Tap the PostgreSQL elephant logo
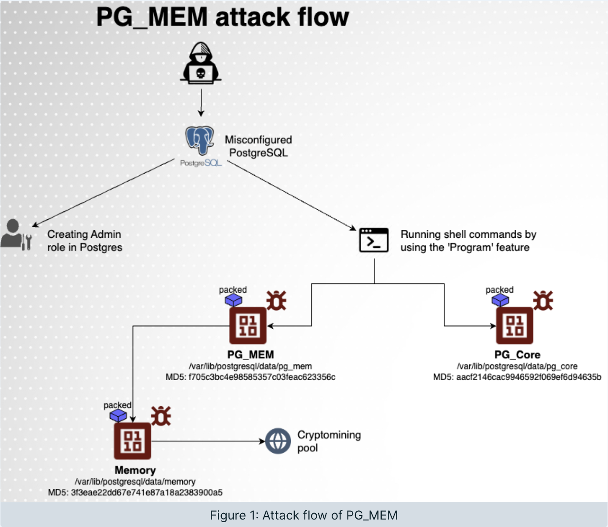pos(200,141)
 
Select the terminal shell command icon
pos(374,240)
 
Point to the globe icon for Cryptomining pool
pos(278,441)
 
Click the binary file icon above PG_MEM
pos(248,326)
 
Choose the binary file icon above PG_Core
pos(514,326)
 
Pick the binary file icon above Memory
pos(132,441)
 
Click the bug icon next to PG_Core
pos(543,301)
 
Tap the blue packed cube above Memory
pos(118,415)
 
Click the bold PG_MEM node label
pos(250,355)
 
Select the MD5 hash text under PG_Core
pos(517,377)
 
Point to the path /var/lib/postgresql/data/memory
pos(135,482)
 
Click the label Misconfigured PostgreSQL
pos(258,146)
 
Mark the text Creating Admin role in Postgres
pos(84,241)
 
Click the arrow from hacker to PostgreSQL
pos(201,102)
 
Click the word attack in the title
pos(252,18)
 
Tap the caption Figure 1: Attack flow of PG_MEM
pos(304,515)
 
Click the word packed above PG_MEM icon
pos(233,290)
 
